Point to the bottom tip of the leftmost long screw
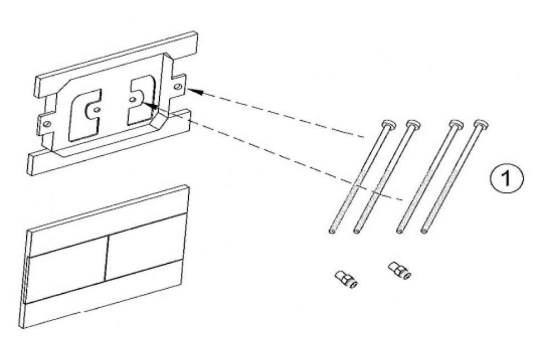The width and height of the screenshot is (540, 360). tap(332, 232)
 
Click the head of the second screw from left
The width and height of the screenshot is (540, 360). tap(413, 124)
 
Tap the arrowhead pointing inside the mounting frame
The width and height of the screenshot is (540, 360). tap(141, 102)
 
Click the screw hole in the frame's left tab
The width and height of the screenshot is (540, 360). tap(48, 122)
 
